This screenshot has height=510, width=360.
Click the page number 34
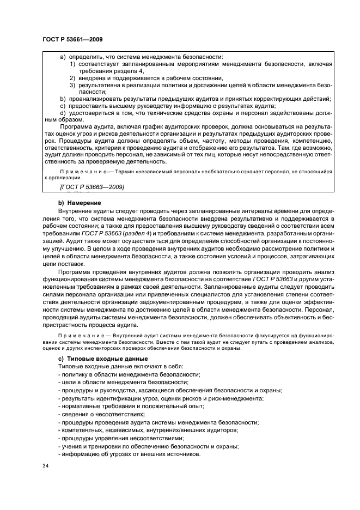click(45, 466)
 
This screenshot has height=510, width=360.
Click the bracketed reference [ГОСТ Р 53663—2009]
click(91, 187)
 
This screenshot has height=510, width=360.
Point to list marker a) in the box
click(63, 57)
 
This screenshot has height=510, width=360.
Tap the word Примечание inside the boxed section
click(77, 171)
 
